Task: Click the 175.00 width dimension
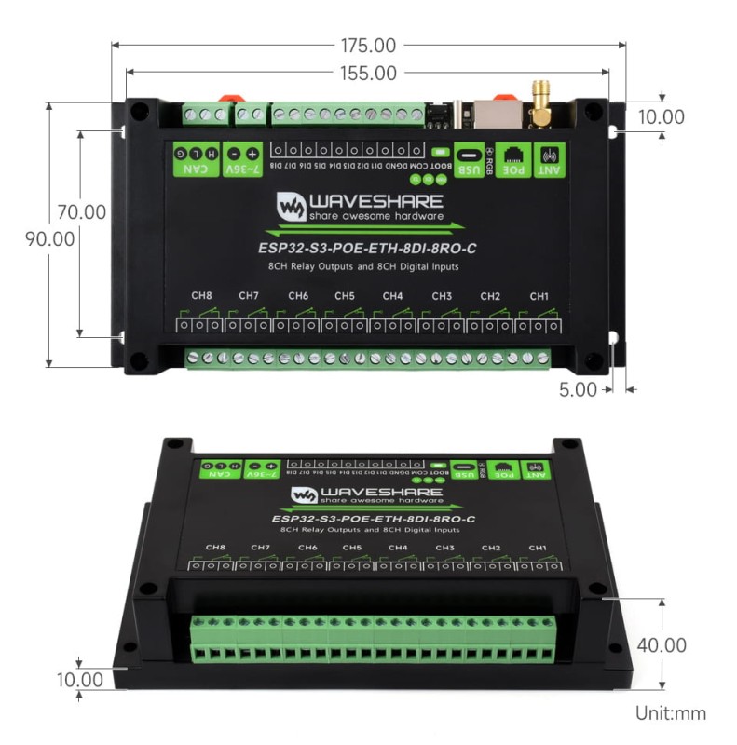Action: click(368, 45)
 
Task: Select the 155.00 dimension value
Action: click(368, 73)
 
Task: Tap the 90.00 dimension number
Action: click(49, 238)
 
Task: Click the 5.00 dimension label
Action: click(578, 389)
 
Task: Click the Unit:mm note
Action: click(670, 713)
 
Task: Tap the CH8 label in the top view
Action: click(201, 296)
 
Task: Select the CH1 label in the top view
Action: click(539, 296)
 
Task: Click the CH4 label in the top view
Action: click(392, 296)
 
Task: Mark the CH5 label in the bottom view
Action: click(351, 548)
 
